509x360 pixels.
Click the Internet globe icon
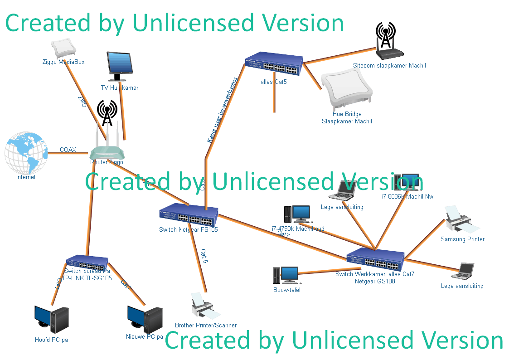coord(26,153)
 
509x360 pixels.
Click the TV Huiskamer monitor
coord(120,66)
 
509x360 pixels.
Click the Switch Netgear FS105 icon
coord(189,215)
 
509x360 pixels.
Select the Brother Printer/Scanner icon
coord(205,307)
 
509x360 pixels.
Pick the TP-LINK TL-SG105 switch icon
coord(87,263)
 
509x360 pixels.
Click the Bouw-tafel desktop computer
coord(286,276)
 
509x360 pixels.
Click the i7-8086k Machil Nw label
coord(402,197)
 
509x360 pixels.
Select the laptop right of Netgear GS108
coord(463,271)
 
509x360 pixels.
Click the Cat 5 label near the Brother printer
coord(204,256)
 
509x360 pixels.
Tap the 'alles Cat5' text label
coord(274,83)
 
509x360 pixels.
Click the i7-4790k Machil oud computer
coord(297,214)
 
